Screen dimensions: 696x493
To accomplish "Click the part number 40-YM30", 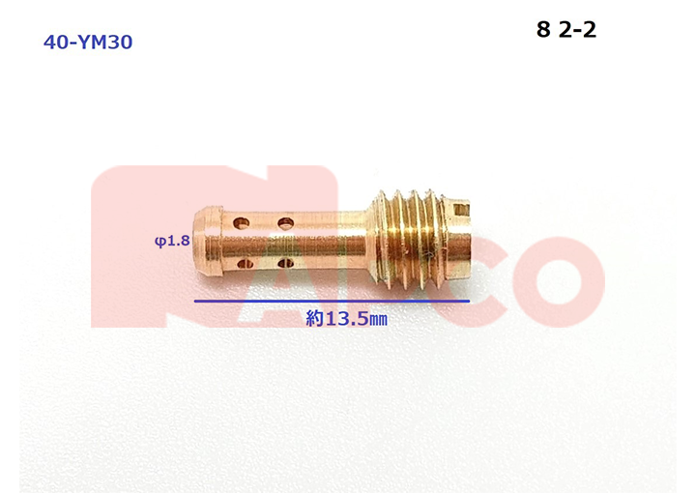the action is tap(88, 43).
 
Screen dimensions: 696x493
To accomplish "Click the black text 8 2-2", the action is tap(566, 30).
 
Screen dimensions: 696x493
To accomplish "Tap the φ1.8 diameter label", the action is tap(172, 241).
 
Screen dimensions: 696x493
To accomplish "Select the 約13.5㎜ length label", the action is tap(346, 319).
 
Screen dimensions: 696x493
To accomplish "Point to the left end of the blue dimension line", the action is tap(195, 301).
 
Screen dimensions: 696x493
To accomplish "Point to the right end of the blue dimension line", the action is tap(470, 301).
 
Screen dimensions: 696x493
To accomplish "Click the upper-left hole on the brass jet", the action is tap(242, 222).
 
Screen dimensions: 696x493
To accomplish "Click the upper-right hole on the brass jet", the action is tap(285, 222).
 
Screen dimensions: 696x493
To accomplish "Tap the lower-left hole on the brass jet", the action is tap(245, 265).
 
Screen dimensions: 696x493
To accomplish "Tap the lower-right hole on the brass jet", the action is tap(285, 264).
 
